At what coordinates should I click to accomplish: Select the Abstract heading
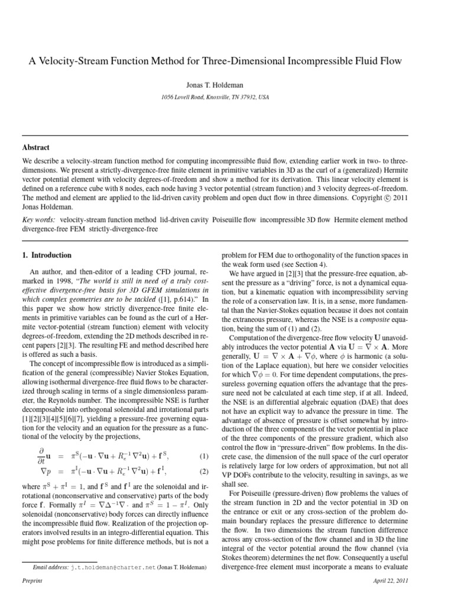coord(35,147)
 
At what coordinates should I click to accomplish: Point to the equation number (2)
coord(205,472)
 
